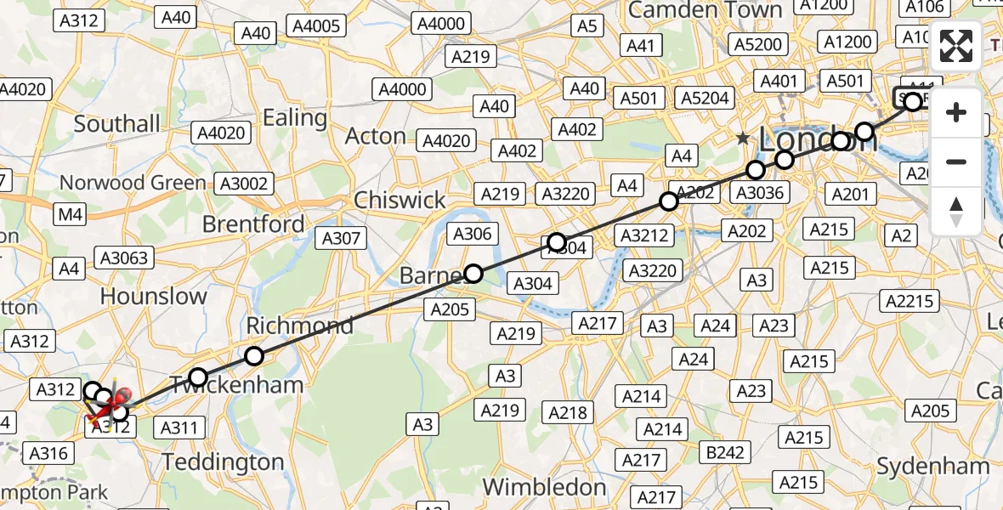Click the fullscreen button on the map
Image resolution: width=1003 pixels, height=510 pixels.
(x=956, y=46)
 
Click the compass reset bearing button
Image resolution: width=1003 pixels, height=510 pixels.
(x=956, y=210)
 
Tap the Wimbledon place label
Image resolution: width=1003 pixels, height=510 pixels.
(x=544, y=487)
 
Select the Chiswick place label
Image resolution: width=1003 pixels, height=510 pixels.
(x=399, y=200)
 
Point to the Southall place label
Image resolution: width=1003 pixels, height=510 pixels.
(x=116, y=123)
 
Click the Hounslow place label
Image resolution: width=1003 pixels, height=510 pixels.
(x=153, y=296)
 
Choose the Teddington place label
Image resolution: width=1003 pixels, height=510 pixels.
(x=223, y=462)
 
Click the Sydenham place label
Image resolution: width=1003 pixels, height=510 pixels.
(x=932, y=466)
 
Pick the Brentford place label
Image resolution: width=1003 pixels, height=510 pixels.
(x=253, y=224)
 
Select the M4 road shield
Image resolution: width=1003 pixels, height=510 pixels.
(x=71, y=215)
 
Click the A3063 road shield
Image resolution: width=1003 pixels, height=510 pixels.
(x=124, y=258)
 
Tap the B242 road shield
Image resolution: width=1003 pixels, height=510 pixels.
(x=725, y=452)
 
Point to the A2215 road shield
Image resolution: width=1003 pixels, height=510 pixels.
(x=909, y=301)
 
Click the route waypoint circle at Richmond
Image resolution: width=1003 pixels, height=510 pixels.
(x=254, y=356)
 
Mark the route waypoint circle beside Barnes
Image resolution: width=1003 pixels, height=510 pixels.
(x=473, y=273)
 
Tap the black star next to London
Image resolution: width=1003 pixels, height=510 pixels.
(x=744, y=138)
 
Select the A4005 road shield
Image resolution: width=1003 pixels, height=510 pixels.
(x=317, y=26)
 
